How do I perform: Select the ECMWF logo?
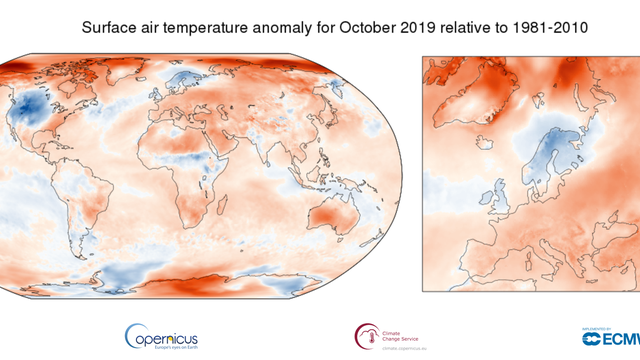click(610, 335)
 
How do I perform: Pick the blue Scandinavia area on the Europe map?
click(548, 160)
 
